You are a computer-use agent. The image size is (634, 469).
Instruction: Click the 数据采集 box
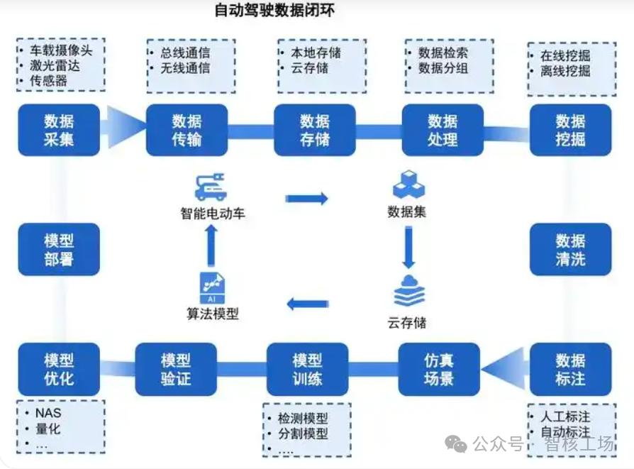coord(59,130)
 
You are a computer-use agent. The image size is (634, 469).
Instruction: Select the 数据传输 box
coord(187,130)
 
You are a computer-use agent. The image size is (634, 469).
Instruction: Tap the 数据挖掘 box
coord(570,130)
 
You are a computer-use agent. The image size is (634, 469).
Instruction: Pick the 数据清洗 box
coord(570,249)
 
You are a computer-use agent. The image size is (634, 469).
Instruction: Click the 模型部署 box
coord(59,249)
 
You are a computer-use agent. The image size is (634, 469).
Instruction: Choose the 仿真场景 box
coord(438,369)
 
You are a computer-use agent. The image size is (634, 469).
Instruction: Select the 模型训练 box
coord(307,369)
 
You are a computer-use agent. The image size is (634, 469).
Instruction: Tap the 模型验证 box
coord(176,369)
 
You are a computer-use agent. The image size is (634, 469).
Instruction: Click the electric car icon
coord(211,187)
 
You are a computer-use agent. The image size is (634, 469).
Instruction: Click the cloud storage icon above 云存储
coord(408,290)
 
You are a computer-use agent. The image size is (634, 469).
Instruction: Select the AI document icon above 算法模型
coord(212,288)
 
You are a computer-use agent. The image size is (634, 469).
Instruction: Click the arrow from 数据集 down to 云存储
coord(408,246)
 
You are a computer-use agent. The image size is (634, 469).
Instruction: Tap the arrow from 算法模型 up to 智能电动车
coord(211,247)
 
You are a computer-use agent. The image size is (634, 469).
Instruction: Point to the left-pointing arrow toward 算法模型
coord(307,304)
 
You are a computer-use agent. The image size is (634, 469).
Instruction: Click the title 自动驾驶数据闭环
coord(274,11)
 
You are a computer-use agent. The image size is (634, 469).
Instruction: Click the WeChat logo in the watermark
coord(456,444)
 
